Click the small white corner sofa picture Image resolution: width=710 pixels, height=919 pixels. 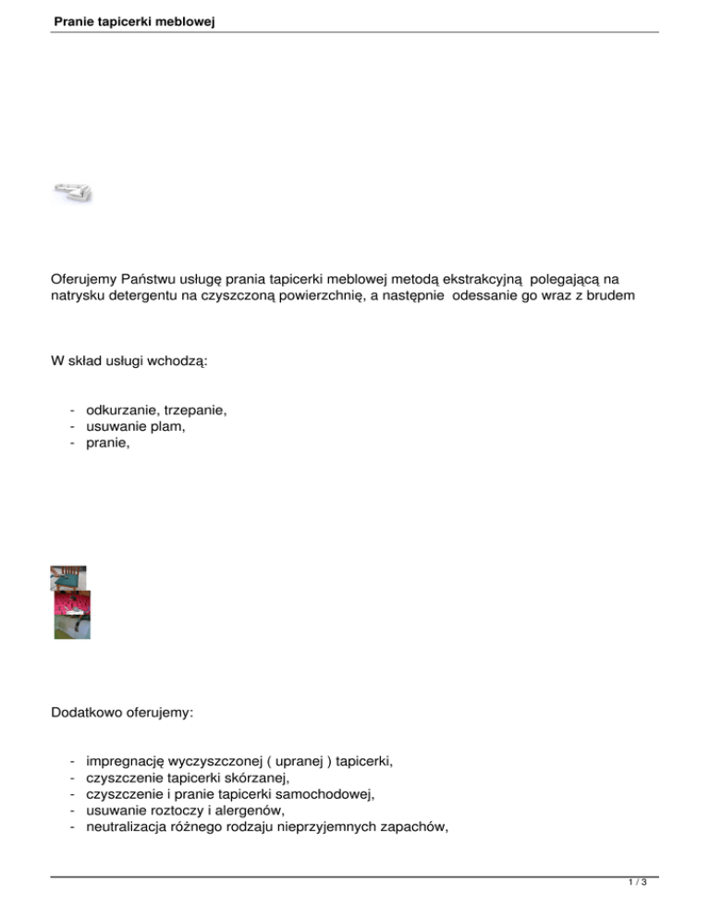pyautogui.click(x=72, y=191)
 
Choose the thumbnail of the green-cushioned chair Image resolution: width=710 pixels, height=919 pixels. pyautogui.click(x=67, y=577)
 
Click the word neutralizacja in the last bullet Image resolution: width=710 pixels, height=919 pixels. pyautogui.click(x=127, y=827)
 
